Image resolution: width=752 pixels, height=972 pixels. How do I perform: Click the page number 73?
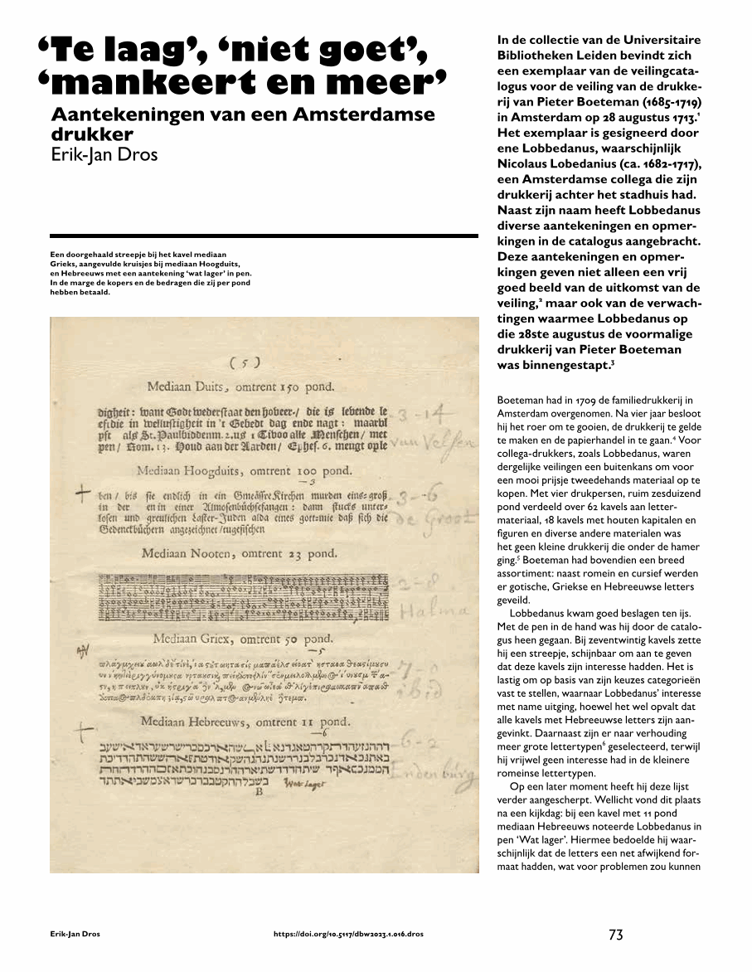point(615,934)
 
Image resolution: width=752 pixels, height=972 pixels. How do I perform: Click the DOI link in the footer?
point(348,935)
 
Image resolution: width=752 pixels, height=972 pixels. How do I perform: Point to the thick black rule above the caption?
point(264,236)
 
